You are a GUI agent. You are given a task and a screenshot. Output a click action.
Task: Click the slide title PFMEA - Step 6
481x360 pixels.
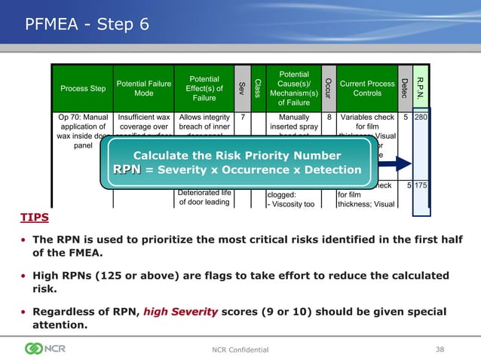[87, 25]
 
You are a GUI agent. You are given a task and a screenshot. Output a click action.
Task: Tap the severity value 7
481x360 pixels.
[242, 117]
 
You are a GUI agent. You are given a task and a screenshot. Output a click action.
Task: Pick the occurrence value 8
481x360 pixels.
[328, 117]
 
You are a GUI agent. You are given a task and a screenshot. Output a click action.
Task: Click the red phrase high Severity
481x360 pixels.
[178, 312]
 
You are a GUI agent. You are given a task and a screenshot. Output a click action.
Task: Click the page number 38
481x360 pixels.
[440, 349]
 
